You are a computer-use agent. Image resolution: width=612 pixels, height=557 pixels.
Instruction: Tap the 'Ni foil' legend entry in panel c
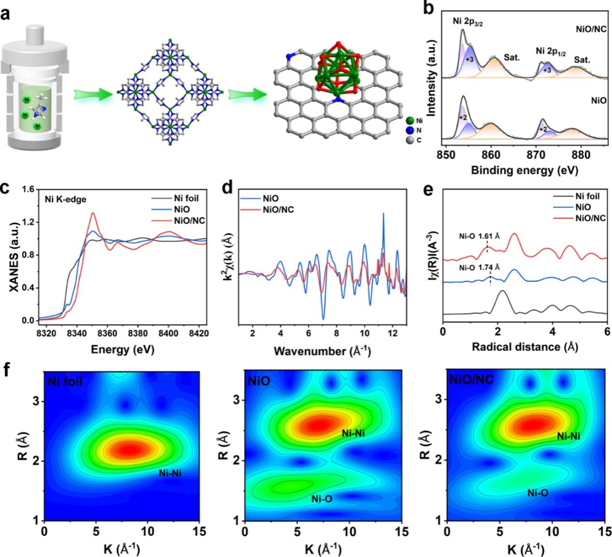pos(186,198)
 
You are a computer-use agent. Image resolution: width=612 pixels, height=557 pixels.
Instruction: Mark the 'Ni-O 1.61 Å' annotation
pos(479,237)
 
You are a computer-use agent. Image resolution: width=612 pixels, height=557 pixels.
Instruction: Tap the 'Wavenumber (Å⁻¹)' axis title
pos(322,351)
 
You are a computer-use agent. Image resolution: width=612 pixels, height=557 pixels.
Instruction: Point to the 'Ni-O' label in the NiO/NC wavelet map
pos(538,493)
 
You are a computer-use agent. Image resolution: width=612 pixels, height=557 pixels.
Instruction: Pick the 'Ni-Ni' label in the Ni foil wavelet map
pos(170,473)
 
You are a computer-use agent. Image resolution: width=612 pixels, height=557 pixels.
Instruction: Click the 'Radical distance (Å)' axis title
pos(525,347)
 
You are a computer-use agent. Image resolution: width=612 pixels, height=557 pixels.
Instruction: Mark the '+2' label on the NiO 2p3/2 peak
pos(463,118)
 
